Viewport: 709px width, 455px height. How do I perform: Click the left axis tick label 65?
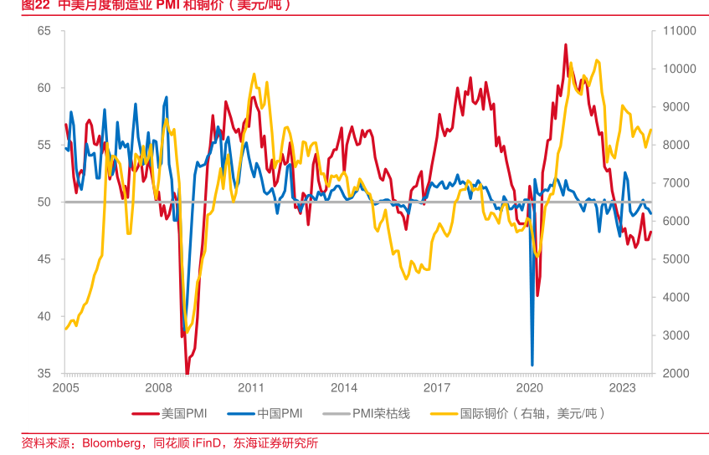pos(44,31)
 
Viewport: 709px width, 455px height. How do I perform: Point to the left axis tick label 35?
pos(44,373)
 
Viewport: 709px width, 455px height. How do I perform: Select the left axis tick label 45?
pos(44,259)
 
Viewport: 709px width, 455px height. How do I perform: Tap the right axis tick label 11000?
pos(679,31)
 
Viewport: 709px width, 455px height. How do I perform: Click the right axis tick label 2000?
pos(676,373)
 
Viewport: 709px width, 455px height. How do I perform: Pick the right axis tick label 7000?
pos(676,183)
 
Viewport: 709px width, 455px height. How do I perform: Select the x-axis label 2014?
pos(343,388)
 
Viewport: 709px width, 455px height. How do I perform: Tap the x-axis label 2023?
pos(622,388)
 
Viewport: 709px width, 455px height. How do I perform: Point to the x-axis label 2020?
pos(529,388)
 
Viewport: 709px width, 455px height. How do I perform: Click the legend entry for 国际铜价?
pos(532,413)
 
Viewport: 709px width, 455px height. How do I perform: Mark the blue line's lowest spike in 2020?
pos(532,365)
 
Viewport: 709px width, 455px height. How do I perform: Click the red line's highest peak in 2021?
pos(565,45)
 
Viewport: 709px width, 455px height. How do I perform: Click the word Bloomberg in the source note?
pos(111,442)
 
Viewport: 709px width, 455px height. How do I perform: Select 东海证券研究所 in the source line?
pos(275,442)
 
